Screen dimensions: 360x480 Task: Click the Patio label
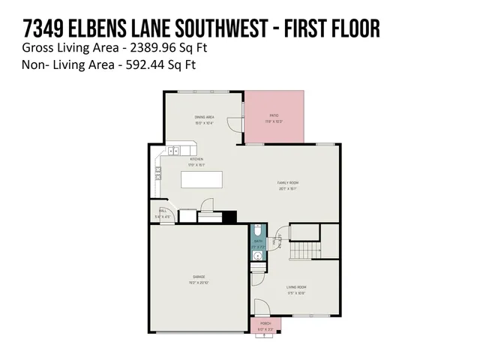click(x=274, y=115)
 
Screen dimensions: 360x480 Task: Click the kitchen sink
click(x=173, y=151)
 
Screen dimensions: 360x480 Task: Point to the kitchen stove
click(x=158, y=174)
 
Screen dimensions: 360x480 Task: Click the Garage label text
click(x=199, y=277)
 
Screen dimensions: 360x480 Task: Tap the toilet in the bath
click(x=257, y=230)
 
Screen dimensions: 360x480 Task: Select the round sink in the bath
click(x=257, y=256)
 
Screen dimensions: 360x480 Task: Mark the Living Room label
click(x=297, y=287)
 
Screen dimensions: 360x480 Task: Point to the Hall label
click(x=161, y=211)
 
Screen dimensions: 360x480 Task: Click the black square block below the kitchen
click(x=229, y=217)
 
